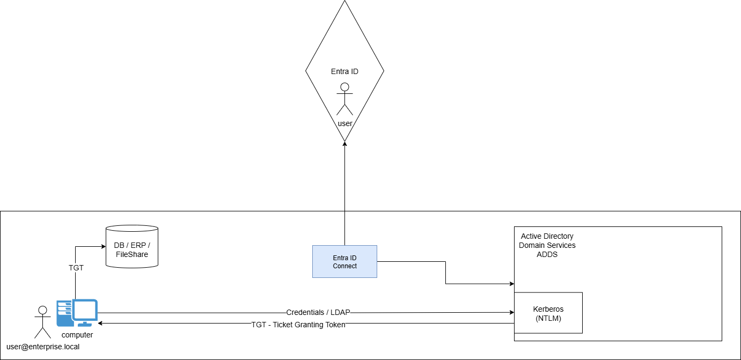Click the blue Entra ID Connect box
(344, 261)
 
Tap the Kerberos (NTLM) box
(548, 313)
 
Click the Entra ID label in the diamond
(344, 71)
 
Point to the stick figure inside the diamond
(344, 99)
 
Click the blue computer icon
(77, 313)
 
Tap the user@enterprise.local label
(43, 347)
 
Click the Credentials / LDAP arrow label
(318, 312)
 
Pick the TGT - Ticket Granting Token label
(298, 325)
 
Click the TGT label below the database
(76, 267)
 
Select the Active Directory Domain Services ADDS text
(547, 245)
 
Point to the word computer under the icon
(77, 335)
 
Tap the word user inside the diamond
(345, 123)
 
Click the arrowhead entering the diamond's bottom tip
(344, 144)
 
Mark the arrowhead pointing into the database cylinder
(103, 247)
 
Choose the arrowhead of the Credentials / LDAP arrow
(511, 312)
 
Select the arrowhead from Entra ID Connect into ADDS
(511, 284)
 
